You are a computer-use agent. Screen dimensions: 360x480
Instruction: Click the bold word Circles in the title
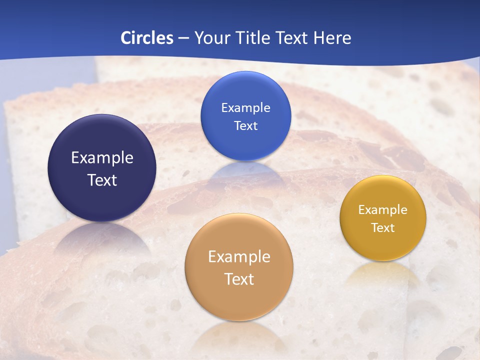pos(147,37)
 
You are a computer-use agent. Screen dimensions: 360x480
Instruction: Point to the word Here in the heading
pos(332,37)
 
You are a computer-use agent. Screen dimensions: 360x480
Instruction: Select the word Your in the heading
pos(211,37)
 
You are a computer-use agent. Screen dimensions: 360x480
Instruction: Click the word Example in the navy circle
pos(102,158)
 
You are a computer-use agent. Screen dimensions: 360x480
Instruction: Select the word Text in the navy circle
pos(102,180)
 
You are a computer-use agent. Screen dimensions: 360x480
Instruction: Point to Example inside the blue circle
pos(245,107)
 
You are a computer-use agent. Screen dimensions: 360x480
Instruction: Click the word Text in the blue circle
pos(245,125)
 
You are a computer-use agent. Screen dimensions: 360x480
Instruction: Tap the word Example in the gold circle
pos(383,209)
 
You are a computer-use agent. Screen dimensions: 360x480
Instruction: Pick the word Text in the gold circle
pos(383,227)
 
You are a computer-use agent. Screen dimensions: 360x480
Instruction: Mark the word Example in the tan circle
pos(239,257)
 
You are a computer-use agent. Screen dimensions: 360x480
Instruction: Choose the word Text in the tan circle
pos(239,279)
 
